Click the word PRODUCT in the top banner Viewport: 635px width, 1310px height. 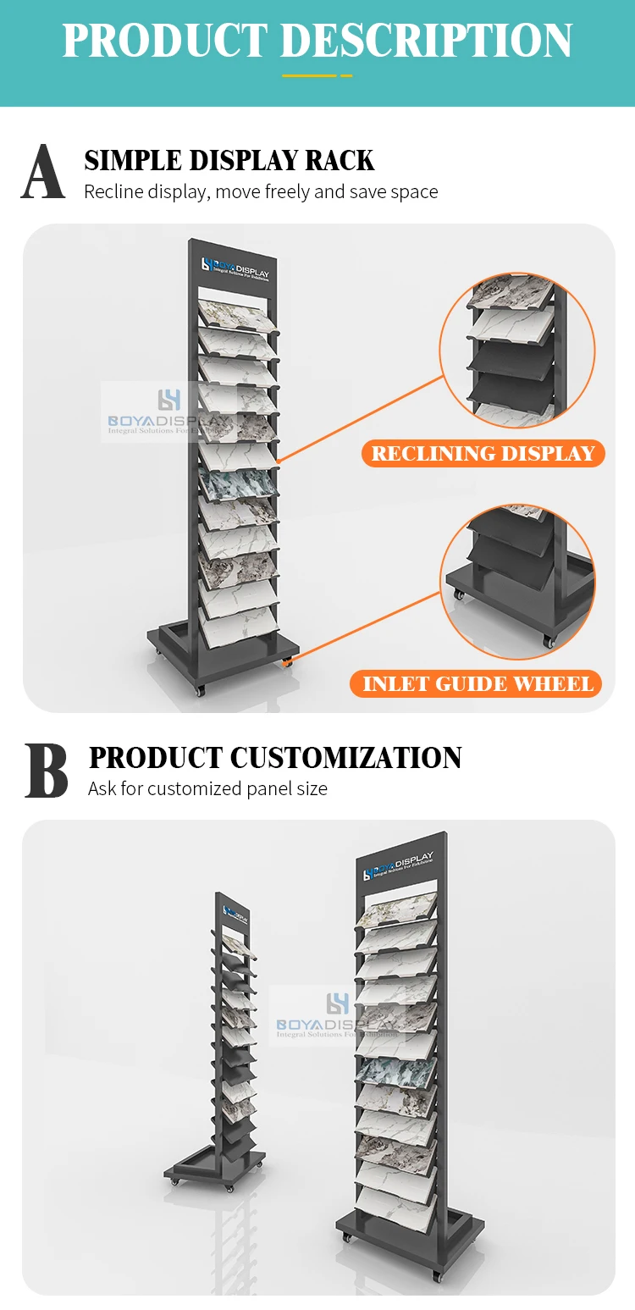(165, 41)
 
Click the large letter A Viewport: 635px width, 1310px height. (43, 172)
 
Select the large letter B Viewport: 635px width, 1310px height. (46, 771)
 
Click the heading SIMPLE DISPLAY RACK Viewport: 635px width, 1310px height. (229, 160)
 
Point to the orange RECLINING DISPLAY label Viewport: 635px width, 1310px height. (483, 454)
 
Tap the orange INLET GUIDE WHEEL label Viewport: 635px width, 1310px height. (478, 684)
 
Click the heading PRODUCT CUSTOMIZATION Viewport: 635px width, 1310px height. (275, 757)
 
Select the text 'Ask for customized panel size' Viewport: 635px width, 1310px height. (207, 788)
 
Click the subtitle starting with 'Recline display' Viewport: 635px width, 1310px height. (261, 192)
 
